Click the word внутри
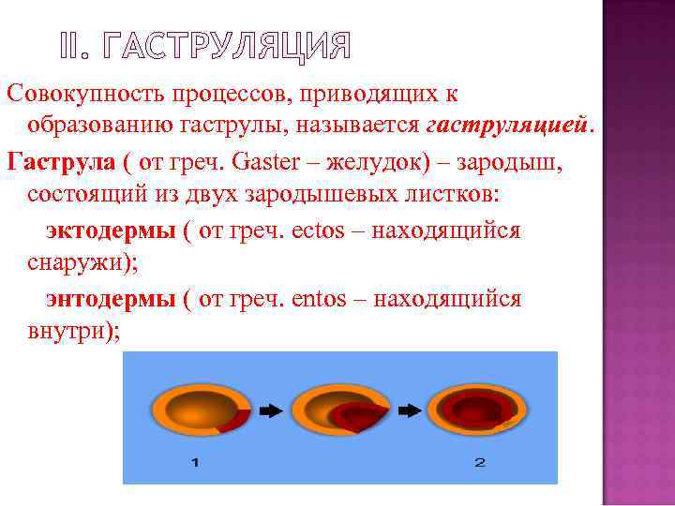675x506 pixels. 72,332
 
